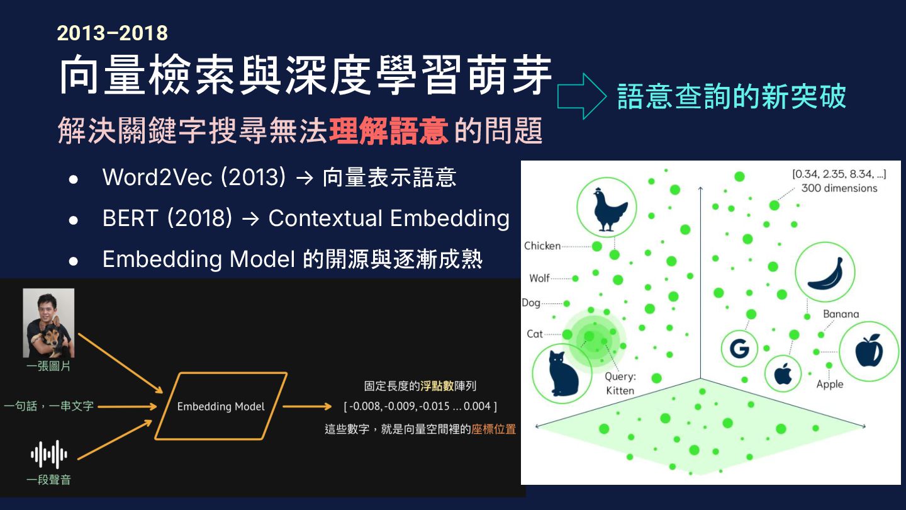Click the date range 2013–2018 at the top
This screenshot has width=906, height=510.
pos(112,32)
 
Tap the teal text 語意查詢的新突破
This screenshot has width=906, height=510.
pos(731,96)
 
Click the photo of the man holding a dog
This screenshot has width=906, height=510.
pos(48,323)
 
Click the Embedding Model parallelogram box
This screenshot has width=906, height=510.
pos(221,406)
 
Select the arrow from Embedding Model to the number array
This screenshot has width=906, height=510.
pos(306,406)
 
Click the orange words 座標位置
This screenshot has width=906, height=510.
pos(493,429)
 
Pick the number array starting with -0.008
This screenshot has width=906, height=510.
pos(420,406)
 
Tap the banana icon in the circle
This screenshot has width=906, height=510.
pos(825,271)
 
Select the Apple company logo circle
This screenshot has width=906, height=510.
pos(782,373)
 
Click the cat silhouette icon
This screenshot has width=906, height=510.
pos(562,373)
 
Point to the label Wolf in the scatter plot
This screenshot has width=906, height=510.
pos(539,278)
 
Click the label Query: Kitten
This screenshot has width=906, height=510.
pos(620,383)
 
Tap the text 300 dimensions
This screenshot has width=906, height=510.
pos(839,188)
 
